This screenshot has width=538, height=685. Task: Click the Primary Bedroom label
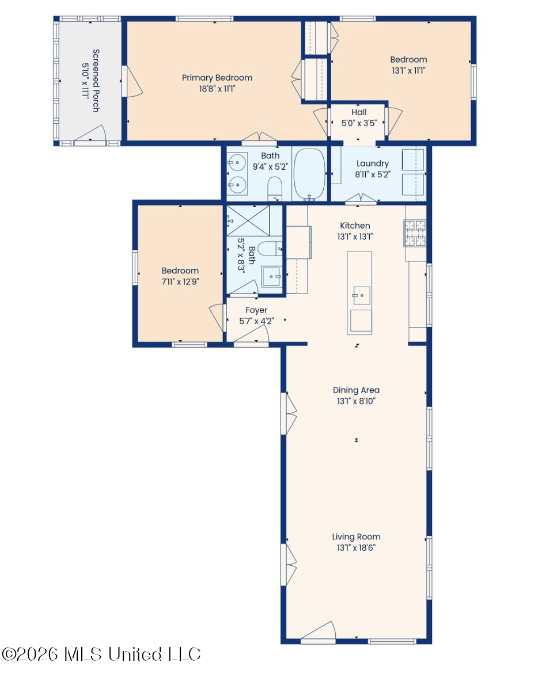tap(217, 78)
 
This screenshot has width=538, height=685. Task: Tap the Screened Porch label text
tap(96, 81)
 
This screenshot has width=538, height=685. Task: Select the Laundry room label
tap(372, 163)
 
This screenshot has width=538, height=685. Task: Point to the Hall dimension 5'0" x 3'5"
tap(359, 123)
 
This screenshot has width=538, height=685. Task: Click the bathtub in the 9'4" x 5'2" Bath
tap(310, 173)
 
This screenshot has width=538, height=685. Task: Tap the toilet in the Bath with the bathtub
tap(275, 188)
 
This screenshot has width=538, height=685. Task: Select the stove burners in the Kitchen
tap(415, 233)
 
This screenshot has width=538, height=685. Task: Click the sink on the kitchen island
tap(361, 295)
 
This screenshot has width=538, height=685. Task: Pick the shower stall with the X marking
tap(248, 220)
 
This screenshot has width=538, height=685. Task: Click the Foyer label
tap(256, 310)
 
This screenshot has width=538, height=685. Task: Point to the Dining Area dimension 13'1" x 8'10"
tap(356, 401)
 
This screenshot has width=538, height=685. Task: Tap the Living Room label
tap(356, 536)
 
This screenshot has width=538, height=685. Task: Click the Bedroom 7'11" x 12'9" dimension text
tap(180, 282)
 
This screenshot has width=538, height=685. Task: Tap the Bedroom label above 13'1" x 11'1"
tap(408, 59)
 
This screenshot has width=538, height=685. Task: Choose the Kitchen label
tap(355, 226)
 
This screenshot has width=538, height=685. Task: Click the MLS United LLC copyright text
tap(101, 654)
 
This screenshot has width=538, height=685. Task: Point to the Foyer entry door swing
tap(252, 334)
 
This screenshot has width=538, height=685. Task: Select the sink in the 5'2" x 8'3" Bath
tap(271, 276)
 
